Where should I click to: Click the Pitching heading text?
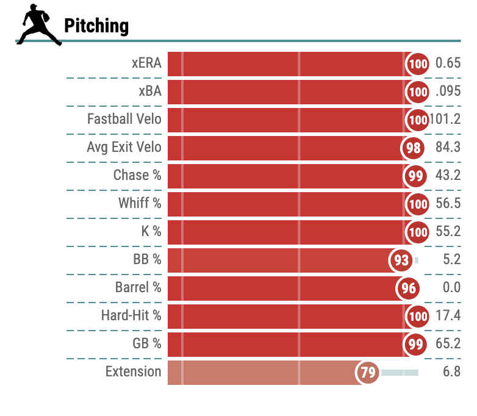pos(96,26)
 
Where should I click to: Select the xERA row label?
pos(146,63)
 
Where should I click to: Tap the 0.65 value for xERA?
pos(448,63)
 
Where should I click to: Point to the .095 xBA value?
pos(448,91)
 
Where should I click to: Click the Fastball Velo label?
pos(124,119)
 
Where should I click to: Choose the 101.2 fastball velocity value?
pos(445,119)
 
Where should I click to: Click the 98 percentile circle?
pos(413,148)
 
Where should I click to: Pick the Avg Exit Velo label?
pos(124,147)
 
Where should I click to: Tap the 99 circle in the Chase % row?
pos(415,176)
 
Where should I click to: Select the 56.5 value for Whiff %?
pos(448,203)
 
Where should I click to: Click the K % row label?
pos(151,231)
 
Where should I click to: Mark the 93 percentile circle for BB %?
pos(401,260)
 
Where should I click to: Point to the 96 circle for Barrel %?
pos(408,288)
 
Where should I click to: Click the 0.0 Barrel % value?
pos(452,287)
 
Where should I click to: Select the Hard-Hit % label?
pos(131,315)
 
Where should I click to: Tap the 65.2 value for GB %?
pos(448,343)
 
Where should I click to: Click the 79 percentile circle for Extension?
pos(367,372)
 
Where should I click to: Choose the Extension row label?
pos(133,371)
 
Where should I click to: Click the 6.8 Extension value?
pos(452,371)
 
